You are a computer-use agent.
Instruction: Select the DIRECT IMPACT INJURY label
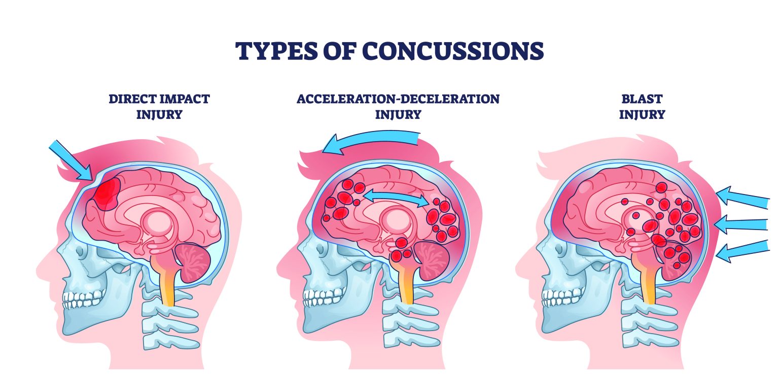pos(159,106)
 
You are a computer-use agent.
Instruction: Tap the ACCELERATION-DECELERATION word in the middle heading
pos(398,99)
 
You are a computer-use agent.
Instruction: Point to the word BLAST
pos(642,99)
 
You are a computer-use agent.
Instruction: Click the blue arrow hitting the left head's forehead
pos(70,160)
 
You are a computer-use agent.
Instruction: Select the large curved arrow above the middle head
pos(371,141)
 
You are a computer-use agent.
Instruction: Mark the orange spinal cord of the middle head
pos(406,287)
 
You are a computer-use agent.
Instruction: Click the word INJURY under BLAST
pos(642,114)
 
